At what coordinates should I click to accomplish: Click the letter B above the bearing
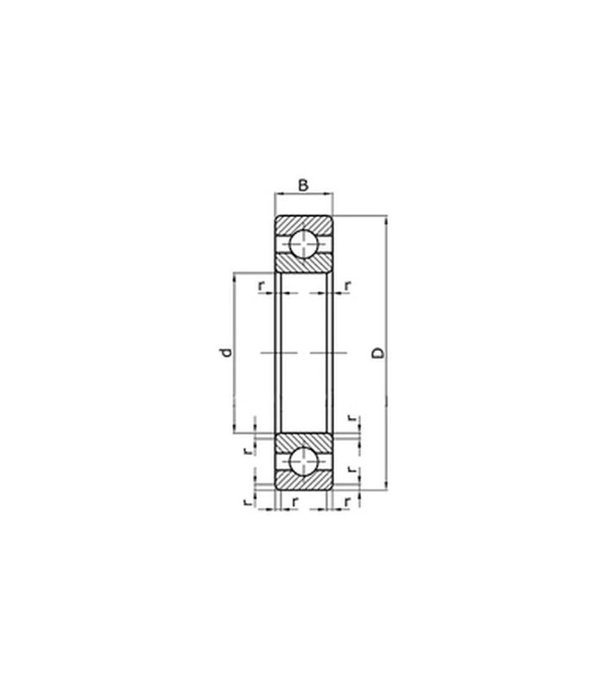tap(303, 185)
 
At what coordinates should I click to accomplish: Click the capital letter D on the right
tap(378, 352)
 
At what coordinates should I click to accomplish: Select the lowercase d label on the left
tap(227, 352)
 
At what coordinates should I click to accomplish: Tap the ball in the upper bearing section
tap(304, 244)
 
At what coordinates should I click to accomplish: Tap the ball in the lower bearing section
tap(304, 461)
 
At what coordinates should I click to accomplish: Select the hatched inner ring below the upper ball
tap(304, 264)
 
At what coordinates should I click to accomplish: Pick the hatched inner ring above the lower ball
tap(304, 442)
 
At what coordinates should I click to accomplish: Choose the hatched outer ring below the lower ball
tap(304, 481)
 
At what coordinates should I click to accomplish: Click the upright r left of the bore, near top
tap(262, 285)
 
